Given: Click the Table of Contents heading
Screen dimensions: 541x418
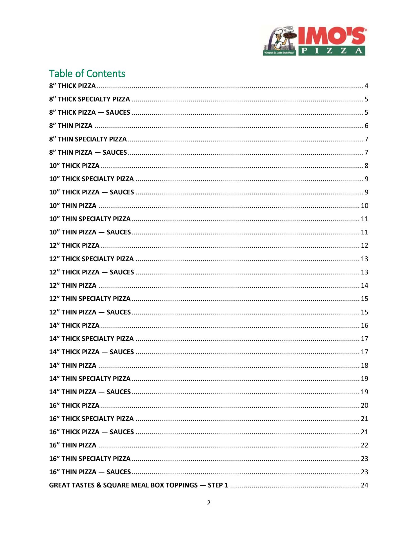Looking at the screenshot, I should tap(87, 74).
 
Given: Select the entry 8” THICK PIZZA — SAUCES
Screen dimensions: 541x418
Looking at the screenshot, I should tap(90, 112).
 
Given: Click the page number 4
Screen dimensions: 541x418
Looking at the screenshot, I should tap(366, 86).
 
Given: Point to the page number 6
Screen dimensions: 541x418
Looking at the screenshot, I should tap(366, 126).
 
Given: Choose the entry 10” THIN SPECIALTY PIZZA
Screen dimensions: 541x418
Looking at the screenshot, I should tap(90, 219).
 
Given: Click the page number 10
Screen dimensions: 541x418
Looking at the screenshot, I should tap(364, 206).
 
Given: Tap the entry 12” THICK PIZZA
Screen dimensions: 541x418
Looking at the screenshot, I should tap(74, 245).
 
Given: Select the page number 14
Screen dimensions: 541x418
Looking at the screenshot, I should tap(364, 285).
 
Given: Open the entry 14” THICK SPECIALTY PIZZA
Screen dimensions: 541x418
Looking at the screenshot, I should tap(92, 339).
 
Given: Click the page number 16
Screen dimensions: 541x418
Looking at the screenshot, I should tap(364, 325).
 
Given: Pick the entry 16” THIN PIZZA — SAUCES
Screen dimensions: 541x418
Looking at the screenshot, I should tap(90, 472).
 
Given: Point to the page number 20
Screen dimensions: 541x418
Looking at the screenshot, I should tap(364, 405).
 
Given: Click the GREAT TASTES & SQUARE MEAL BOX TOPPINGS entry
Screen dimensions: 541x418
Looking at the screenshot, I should tap(139, 485).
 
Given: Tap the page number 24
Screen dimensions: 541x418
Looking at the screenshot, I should tap(364, 485).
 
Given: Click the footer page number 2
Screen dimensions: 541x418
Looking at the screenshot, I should tap(209, 503).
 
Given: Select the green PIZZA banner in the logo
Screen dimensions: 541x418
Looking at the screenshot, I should tap(332, 51).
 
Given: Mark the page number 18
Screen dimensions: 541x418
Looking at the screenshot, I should tap(364, 365).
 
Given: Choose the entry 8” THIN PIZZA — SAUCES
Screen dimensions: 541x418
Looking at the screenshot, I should tap(88, 152).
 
